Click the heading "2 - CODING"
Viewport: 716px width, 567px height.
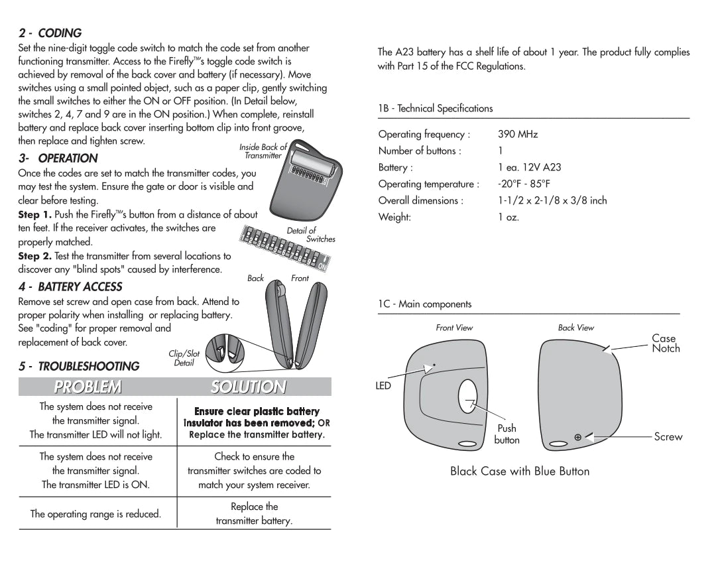tap(50, 32)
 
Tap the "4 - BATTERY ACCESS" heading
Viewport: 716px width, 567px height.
tap(70, 286)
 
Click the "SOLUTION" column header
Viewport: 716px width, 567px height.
tap(249, 387)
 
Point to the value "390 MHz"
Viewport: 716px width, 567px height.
tap(518, 134)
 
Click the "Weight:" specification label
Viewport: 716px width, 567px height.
tap(394, 217)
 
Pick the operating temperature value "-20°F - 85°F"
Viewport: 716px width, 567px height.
tap(524, 184)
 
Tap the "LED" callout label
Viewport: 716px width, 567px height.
tap(383, 385)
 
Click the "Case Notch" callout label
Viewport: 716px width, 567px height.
tap(665, 343)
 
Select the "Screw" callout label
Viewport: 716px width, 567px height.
tap(668, 436)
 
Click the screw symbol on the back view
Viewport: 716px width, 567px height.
tap(577, 437)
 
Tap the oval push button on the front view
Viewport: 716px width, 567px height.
tap(468, 398)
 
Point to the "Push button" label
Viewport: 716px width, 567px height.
tap(507, 434)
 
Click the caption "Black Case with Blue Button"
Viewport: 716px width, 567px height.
tap(519, 471)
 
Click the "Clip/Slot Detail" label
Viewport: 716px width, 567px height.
tap(184, 358)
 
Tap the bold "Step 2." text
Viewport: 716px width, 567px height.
tap(34, 256)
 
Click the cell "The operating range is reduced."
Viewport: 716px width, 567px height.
tap(95, 514)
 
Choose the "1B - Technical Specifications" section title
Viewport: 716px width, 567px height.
tap(436, 108)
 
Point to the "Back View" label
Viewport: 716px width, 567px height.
tap(575, 328)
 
